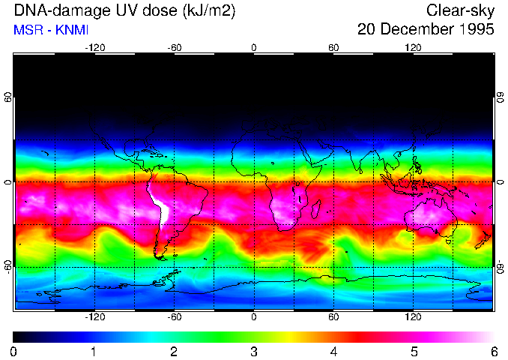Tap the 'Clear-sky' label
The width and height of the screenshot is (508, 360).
click(460, 10)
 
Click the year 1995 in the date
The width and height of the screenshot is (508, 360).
click(476, 30)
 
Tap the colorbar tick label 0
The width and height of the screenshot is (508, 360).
click(14, 351)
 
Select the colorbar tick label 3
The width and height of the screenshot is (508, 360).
click(253, 351)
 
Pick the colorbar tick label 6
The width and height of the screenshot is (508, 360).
click(492, 351)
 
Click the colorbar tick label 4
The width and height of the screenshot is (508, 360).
click(333, 351)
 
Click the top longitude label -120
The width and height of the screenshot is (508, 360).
click(94, 47)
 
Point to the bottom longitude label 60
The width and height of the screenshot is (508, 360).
click(333, 316)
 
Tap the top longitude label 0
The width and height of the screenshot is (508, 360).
click(254, 47)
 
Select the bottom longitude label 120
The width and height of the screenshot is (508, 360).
click(413, 316)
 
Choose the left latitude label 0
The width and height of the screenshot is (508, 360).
click(7, 182)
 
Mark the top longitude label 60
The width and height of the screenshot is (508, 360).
click(333, 47)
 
